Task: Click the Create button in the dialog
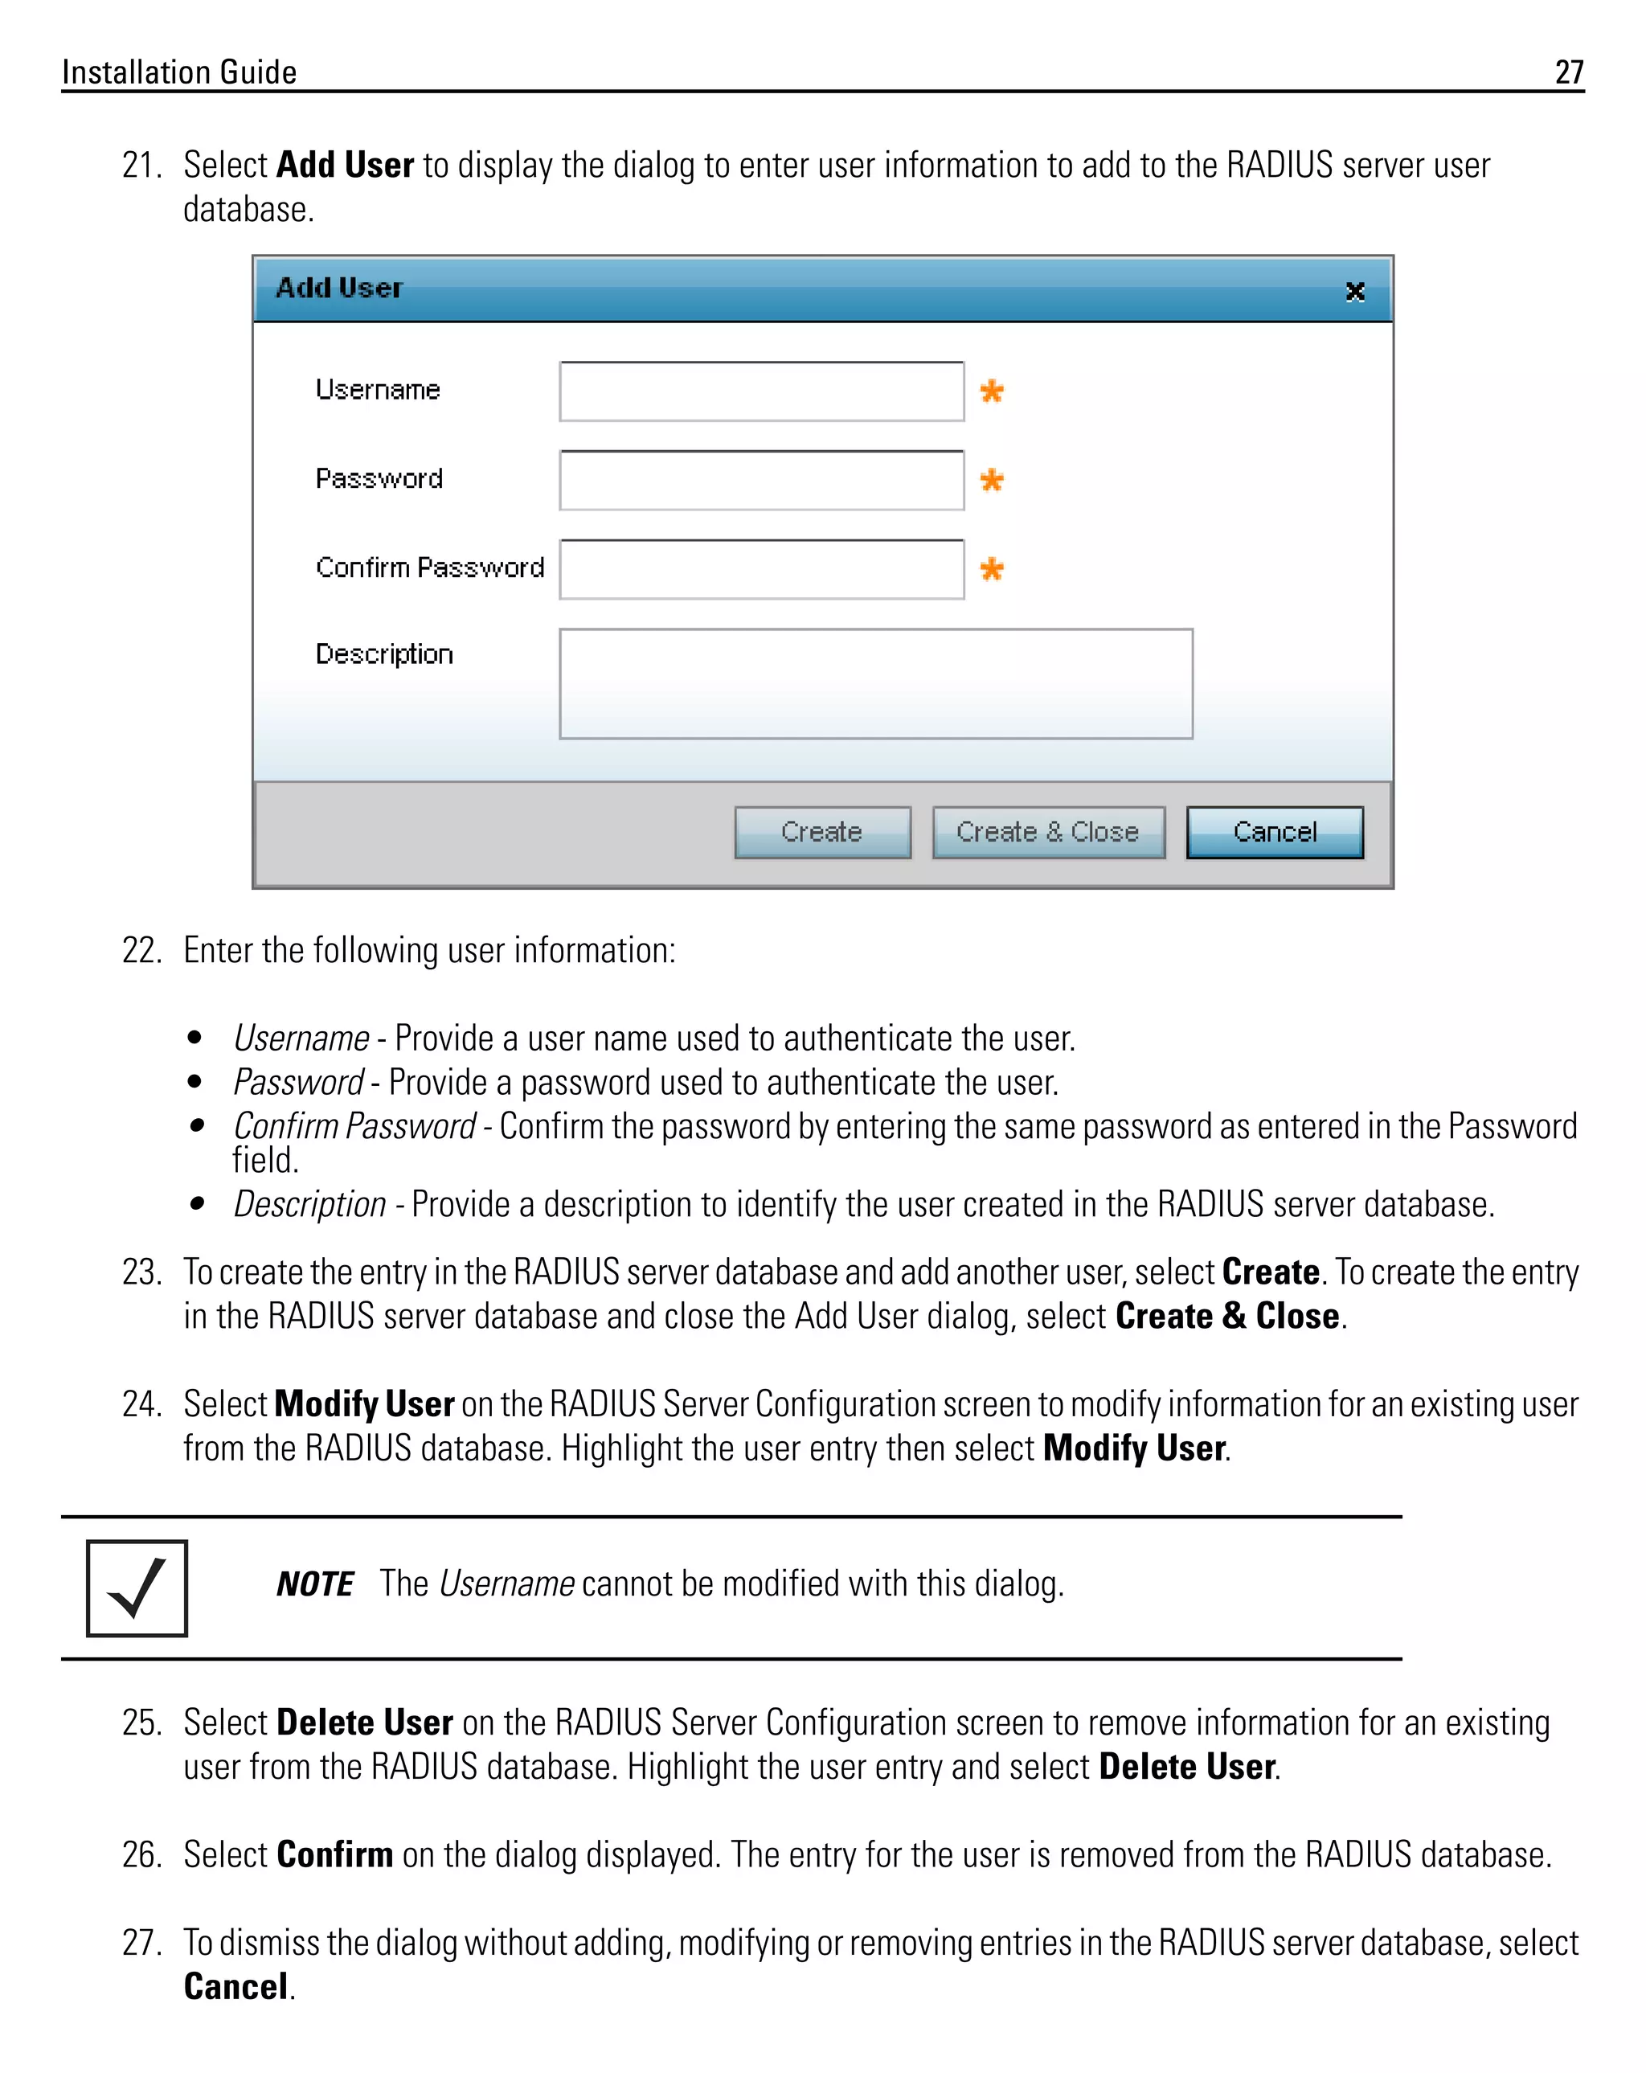click(x=821, y=832)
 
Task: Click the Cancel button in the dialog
click(x=1274, y=832)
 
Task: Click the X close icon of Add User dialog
click(x=1355, y=291)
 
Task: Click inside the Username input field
click(x=760, y=391)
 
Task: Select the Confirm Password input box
click(x=760, y=569)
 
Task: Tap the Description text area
click(x=875, y=683)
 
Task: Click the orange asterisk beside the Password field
click(x=991, y=480)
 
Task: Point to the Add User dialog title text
click(x=338, y=288)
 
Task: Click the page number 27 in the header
click(x=1568, y=72)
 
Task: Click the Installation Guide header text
click(x=179, y=72)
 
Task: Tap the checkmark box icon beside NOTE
click(x=137, y=1588)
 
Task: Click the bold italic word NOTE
click(x=314, y=1583)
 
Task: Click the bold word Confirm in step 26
click(x=334, y=1854)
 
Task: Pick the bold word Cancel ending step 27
click(x=235, y=1986)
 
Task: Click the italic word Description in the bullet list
click(x=309, y=1204)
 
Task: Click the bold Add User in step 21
click(x=345, y=166)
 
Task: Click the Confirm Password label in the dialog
click(x=429, y=567)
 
